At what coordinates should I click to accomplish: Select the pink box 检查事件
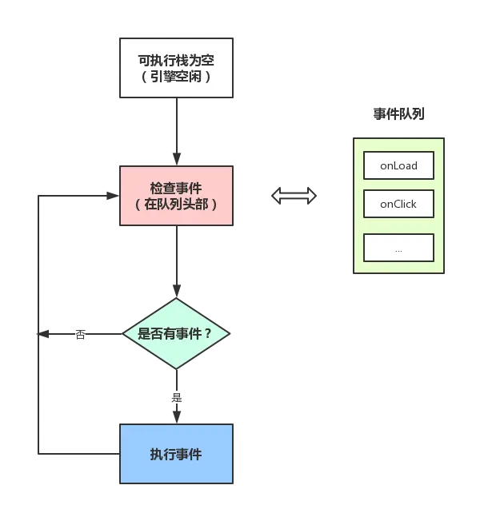click(x=176, y=196)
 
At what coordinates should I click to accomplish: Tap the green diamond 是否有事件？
click(x=176, y=333)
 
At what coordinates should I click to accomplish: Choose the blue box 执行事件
click(x=176, y=454)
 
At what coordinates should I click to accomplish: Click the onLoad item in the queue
click(x=398, y=165)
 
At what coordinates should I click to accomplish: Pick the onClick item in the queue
click(x=398, y=204)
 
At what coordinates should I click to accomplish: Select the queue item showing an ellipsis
click(x=398, y=248)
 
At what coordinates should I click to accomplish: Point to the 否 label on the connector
click(x=80, y=334)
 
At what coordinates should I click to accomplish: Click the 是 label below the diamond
click(x=176, y=397)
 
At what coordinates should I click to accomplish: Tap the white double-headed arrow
click(x=294, y=196)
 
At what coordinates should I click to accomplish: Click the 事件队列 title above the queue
click(x=399, y=114)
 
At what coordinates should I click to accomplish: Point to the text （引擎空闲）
click(x=176, y=77)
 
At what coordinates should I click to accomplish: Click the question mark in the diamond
click(x=208, y=334)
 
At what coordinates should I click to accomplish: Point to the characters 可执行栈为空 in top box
click(x=176, y=59)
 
